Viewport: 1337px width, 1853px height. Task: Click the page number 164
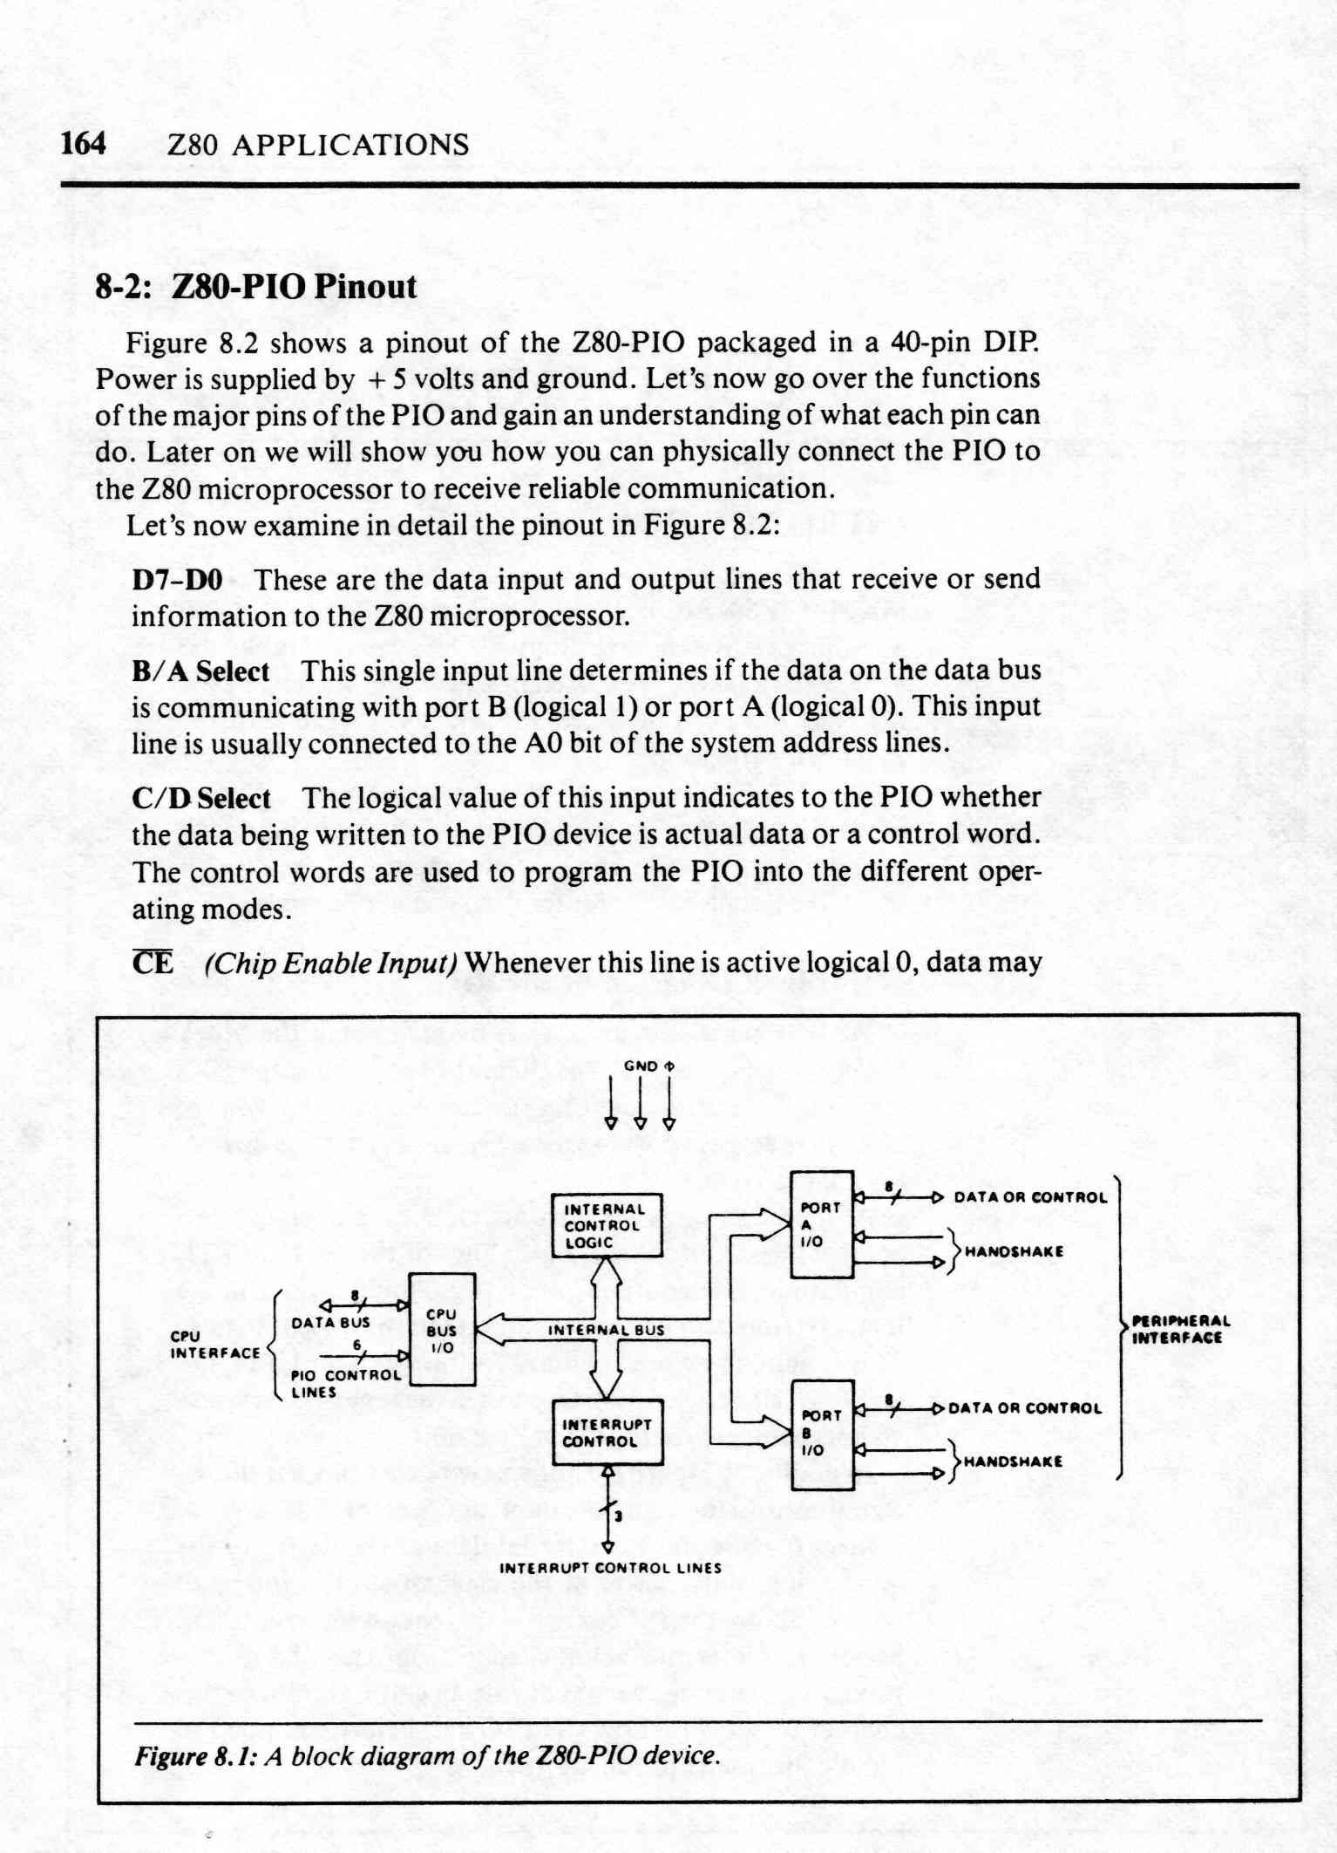click(84, 143)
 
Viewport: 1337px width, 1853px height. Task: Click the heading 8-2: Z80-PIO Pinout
click(256, 286)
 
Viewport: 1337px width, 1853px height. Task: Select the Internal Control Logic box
click(607, 1225)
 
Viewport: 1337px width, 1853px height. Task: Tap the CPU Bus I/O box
click(442, 1329)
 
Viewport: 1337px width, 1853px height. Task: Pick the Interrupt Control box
click(607, 1432)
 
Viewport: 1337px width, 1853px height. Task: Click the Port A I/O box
click(821, 1223)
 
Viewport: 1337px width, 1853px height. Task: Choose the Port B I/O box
click(822, 1434)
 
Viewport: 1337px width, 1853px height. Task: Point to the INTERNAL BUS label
click(606, 1330)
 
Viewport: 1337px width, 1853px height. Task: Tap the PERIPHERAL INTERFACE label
click(1181, 1330)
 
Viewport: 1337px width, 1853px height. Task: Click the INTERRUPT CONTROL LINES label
click(610, 1567)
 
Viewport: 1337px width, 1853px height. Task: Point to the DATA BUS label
click(331, 1322)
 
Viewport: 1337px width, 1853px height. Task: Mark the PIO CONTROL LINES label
click(346, 1383)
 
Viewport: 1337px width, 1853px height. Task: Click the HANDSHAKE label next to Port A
click(1014, 1251)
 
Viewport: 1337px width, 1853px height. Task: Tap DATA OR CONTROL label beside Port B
click(1025, 1408)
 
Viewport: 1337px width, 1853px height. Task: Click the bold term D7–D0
click(177, 579)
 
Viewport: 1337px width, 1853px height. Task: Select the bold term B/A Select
click(200, 671)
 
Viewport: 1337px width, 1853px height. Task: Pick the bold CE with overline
click(153, 963)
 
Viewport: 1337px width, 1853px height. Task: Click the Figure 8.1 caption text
click(427, 1754)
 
